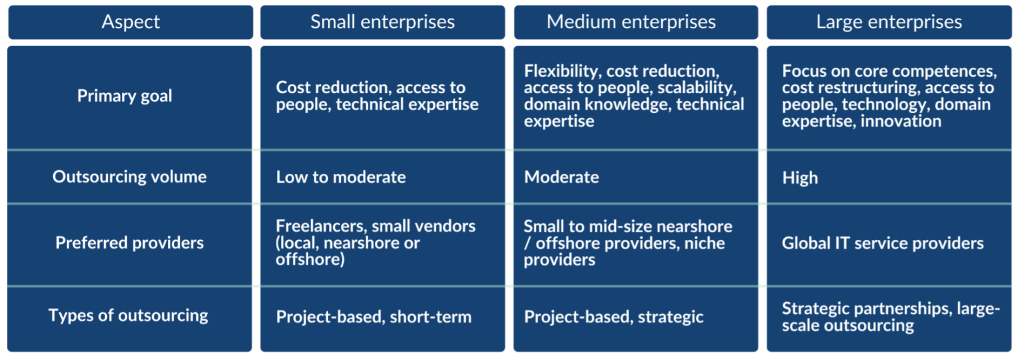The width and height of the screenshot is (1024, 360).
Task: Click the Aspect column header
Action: point(130,21)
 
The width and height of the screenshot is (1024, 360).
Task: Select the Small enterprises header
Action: point(383,21)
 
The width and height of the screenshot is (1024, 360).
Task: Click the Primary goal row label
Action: point(125,96)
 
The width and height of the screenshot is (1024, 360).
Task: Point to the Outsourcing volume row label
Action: point(130,177)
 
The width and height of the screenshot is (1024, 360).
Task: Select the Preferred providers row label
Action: point(130,243)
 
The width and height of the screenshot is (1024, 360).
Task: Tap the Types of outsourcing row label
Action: point(129,316)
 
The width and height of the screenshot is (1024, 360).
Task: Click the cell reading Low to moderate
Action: point(341,178)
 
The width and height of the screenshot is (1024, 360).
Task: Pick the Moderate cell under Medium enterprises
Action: point(561,178)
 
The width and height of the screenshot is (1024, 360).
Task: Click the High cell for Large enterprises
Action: point(800,178)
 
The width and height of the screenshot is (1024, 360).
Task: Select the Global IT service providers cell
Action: point(883,243)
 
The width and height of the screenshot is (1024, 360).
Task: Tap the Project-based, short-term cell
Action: point(374,317)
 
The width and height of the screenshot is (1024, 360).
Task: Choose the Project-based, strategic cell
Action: point(614,317)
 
